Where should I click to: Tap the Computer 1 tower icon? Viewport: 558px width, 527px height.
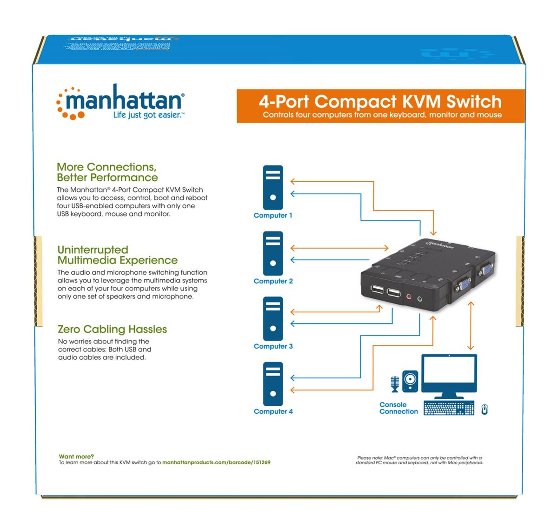[272, 187]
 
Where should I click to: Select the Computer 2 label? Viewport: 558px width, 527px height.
[273, 281]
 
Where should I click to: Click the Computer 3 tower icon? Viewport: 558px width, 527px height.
[272, 319]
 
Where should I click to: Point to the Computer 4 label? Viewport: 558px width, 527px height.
[273, 411]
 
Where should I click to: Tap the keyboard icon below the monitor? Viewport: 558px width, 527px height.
[448, 408]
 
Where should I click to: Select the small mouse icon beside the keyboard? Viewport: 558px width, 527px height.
[484, 409]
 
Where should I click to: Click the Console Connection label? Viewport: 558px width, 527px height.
[398, 408]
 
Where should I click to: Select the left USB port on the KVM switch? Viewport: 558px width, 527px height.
[378, 291]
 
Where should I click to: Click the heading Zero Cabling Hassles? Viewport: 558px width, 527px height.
[112, 329]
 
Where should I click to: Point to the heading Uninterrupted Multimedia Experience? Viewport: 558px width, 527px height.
[117, 255]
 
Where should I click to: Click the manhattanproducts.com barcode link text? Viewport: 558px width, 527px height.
[216, 463]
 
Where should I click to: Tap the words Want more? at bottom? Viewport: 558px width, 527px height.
[76, 456]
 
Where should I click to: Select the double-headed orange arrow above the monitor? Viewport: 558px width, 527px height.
[471, 325]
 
